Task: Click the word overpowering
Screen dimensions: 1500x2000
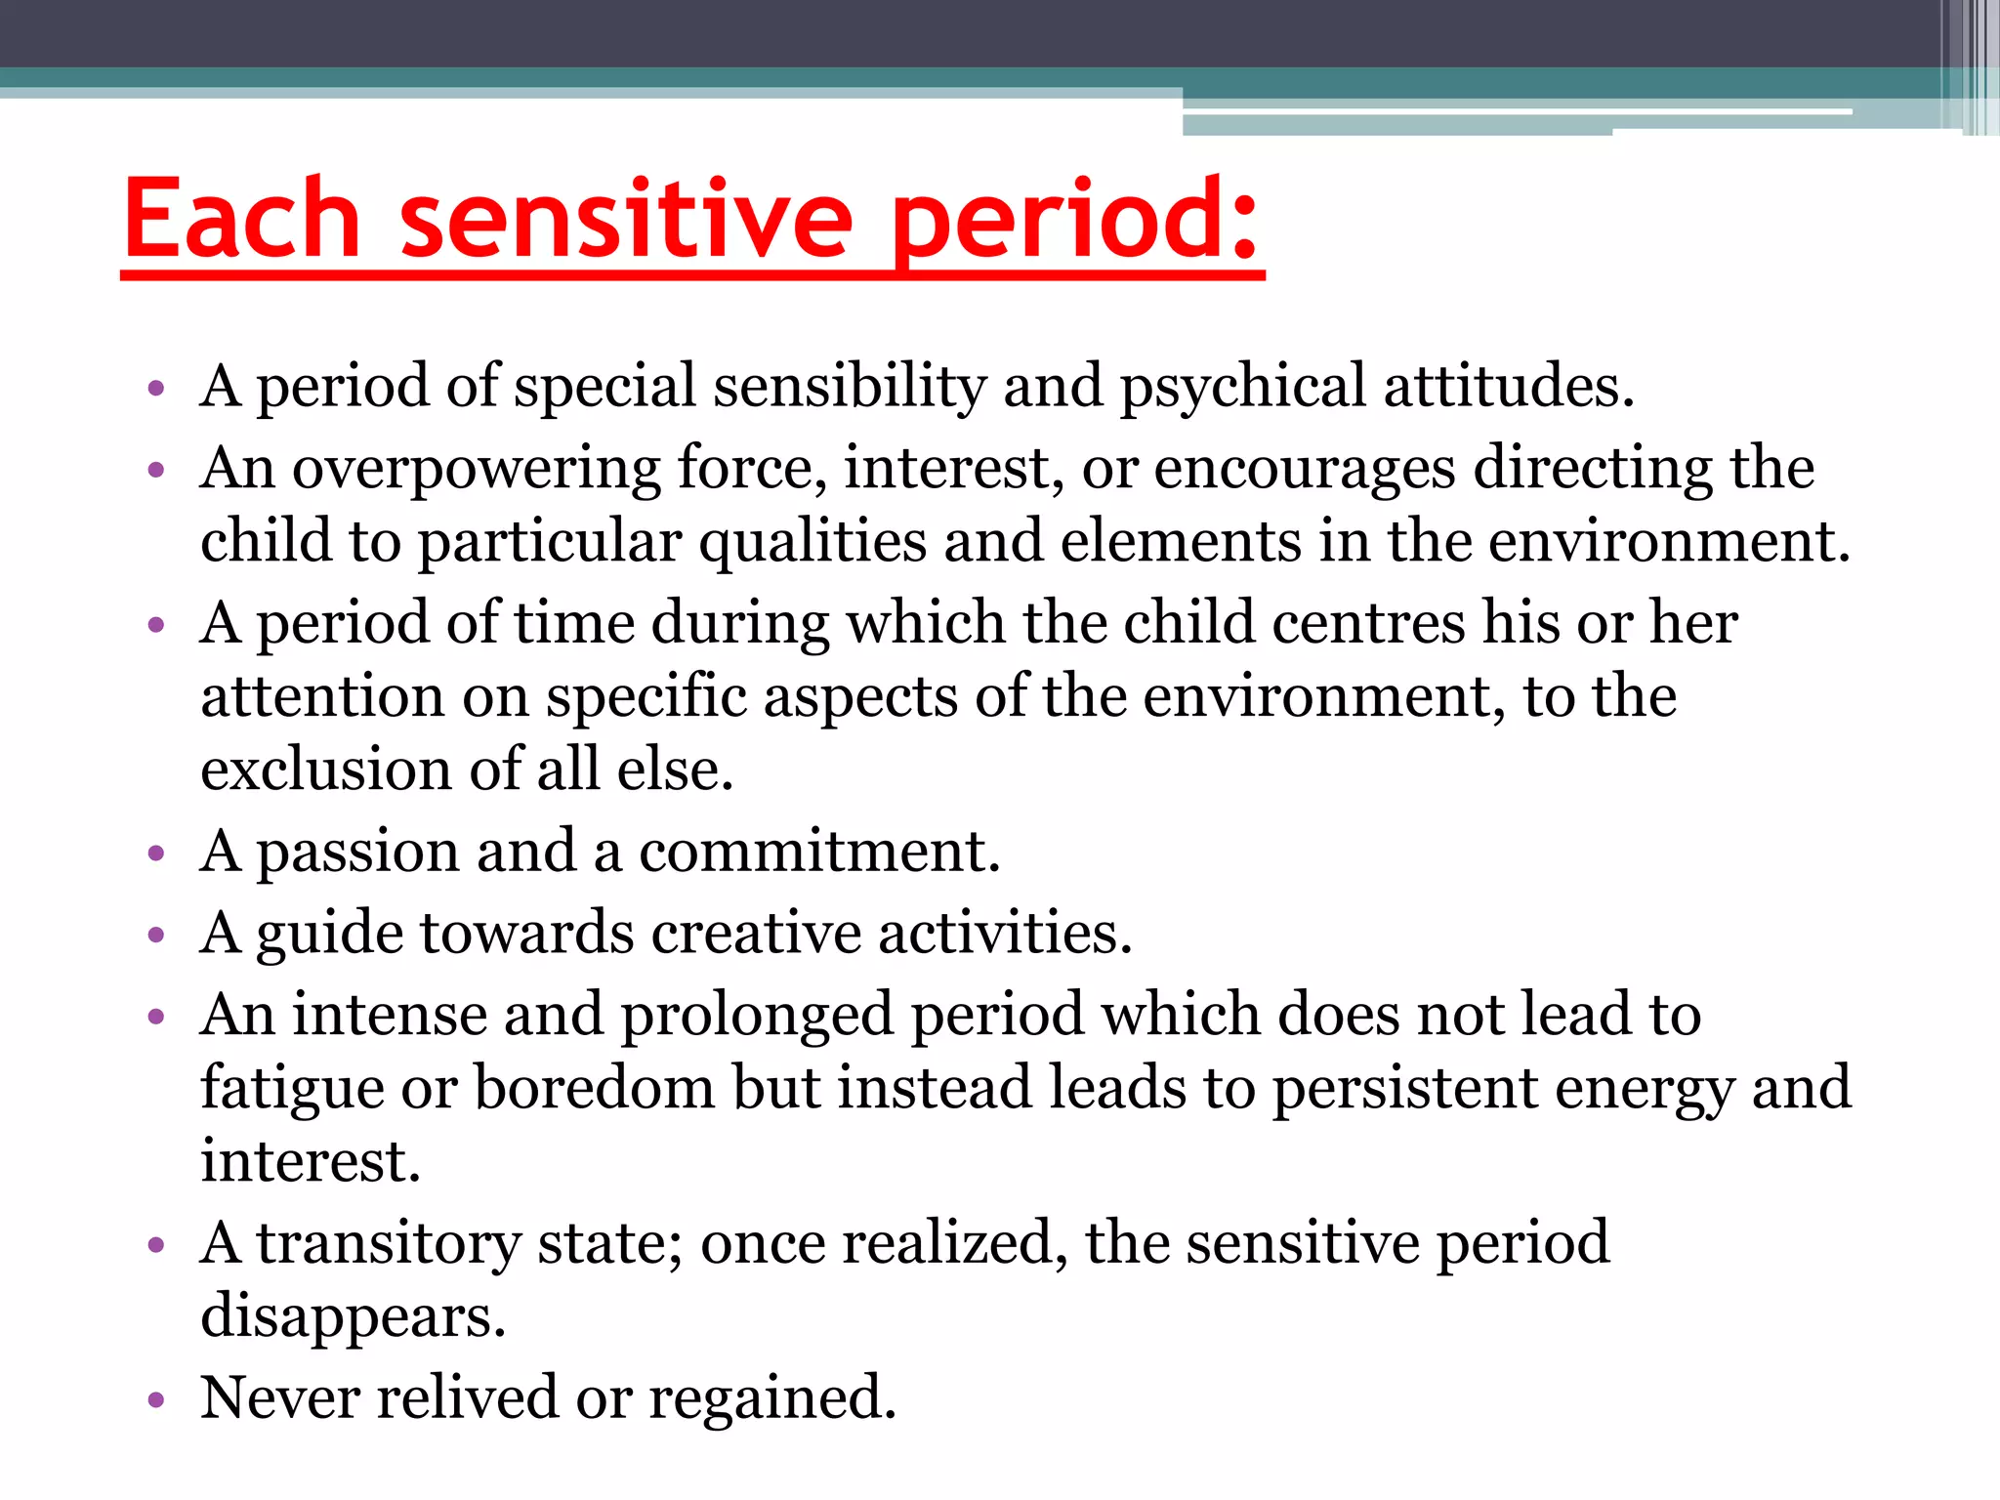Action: point(476,470)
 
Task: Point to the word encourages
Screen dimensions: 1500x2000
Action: point(1305,470)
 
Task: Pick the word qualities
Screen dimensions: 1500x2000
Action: point(812,542)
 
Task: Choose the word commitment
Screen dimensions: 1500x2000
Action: point(819,852)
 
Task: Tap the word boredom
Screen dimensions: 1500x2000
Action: point(595,1088)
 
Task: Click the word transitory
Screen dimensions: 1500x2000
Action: point(389,1244)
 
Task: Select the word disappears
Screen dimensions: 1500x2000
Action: point(353,1317)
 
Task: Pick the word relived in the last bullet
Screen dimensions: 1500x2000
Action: point(468,1397)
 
